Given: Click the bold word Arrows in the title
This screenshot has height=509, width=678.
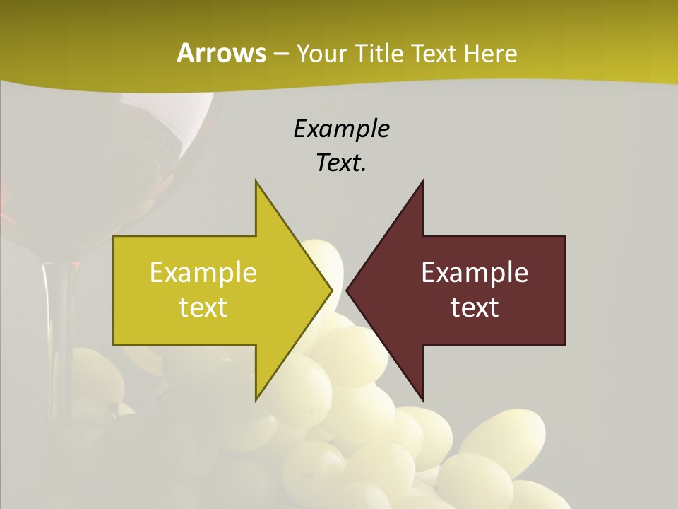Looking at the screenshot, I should [x=221, y=53].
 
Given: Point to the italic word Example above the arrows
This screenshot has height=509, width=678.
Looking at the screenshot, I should [x=341, y=129].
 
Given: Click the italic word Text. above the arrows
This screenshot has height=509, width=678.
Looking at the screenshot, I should [x=341, y=163].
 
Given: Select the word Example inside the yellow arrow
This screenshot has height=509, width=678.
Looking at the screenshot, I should [x=203, y=273].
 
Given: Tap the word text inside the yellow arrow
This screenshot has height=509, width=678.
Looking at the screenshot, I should [x=203, y=308].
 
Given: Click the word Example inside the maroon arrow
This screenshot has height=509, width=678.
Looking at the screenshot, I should [x=475, y=273].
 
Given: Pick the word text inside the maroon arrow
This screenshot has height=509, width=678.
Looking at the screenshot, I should [x=475, y=308].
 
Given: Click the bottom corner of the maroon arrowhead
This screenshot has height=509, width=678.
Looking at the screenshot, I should [x=422, y=398].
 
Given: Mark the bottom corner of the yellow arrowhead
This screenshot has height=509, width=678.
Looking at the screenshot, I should [x=256, y=398].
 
